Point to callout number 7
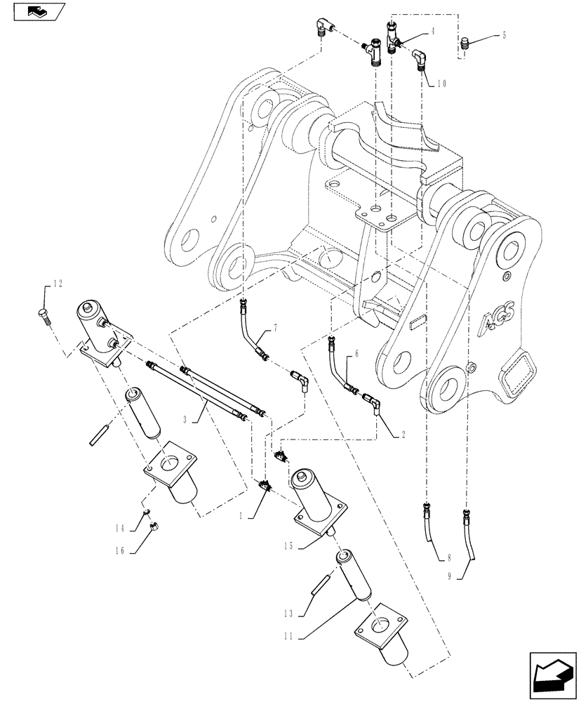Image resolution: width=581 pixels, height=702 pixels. [x=275, y=328]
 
